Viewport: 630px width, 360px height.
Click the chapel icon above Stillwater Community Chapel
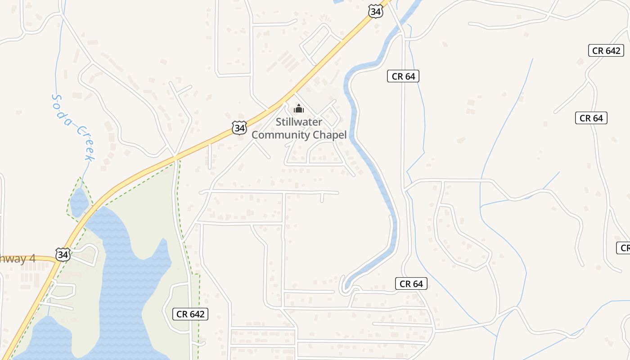(298, 108)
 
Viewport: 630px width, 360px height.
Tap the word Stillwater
(299, 122)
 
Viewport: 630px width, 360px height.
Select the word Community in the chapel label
(280, 135)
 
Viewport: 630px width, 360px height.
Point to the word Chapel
(330, 135)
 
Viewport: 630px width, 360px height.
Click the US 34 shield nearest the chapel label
(240, 128)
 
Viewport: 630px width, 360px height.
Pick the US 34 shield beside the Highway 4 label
(63, 255)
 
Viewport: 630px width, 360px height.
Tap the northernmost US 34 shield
(375, 12)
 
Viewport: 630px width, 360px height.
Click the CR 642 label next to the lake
(190, 314)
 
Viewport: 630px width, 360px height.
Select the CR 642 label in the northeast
(606, 50)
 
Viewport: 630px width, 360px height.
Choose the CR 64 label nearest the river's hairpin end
(411, 283)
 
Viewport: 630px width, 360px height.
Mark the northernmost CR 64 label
(403, 76)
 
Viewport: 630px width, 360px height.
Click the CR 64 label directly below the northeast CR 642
(591, 118)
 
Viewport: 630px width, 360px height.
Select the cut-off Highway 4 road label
(18, 258)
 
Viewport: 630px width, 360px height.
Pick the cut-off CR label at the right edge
(624, 247)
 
